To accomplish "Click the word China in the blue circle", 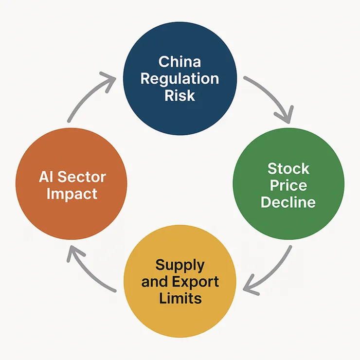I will point(180,62).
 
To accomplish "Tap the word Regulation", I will point(180,79).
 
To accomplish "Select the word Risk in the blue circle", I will point(180,95).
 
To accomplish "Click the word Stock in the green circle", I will point(288,169).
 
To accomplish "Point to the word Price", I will point(288,185).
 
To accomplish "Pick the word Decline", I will point(288,202).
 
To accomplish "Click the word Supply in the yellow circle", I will point(180,265).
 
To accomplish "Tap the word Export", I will point(198,282).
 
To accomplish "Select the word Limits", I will point(180,298).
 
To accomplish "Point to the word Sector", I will point(82,177).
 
